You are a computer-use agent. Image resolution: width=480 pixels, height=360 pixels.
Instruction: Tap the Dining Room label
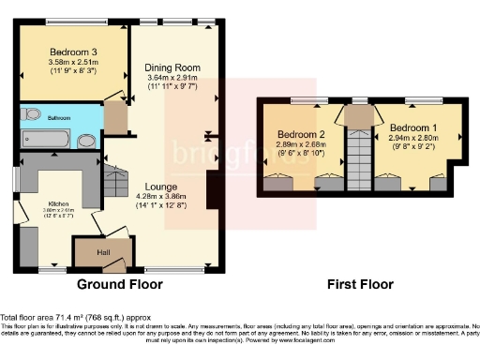coord(172,67)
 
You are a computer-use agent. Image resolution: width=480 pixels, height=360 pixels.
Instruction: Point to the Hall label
coord(103,252)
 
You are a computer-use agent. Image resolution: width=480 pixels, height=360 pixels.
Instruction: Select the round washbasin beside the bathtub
coord(86,141)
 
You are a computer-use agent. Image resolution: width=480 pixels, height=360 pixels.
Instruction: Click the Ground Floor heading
coord(122,284)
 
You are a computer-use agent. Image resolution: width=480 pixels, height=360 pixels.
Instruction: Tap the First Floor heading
coord(359,284)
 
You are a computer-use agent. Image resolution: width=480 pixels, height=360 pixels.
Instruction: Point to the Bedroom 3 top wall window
coord(75,22)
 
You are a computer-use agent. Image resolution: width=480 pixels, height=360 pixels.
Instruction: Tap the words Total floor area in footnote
coord(26,318)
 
